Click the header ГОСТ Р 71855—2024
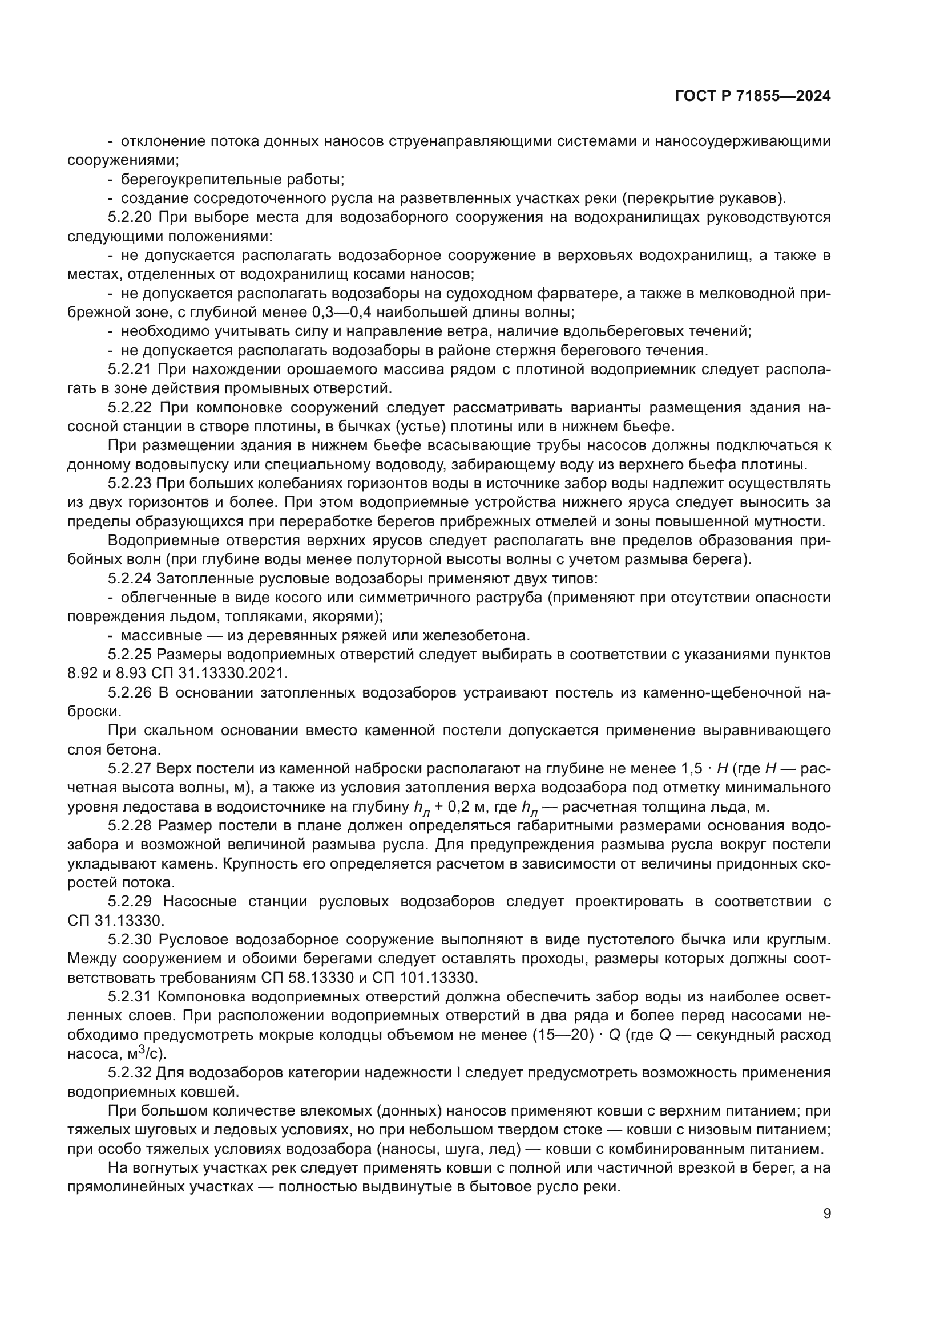click(753, 96)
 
